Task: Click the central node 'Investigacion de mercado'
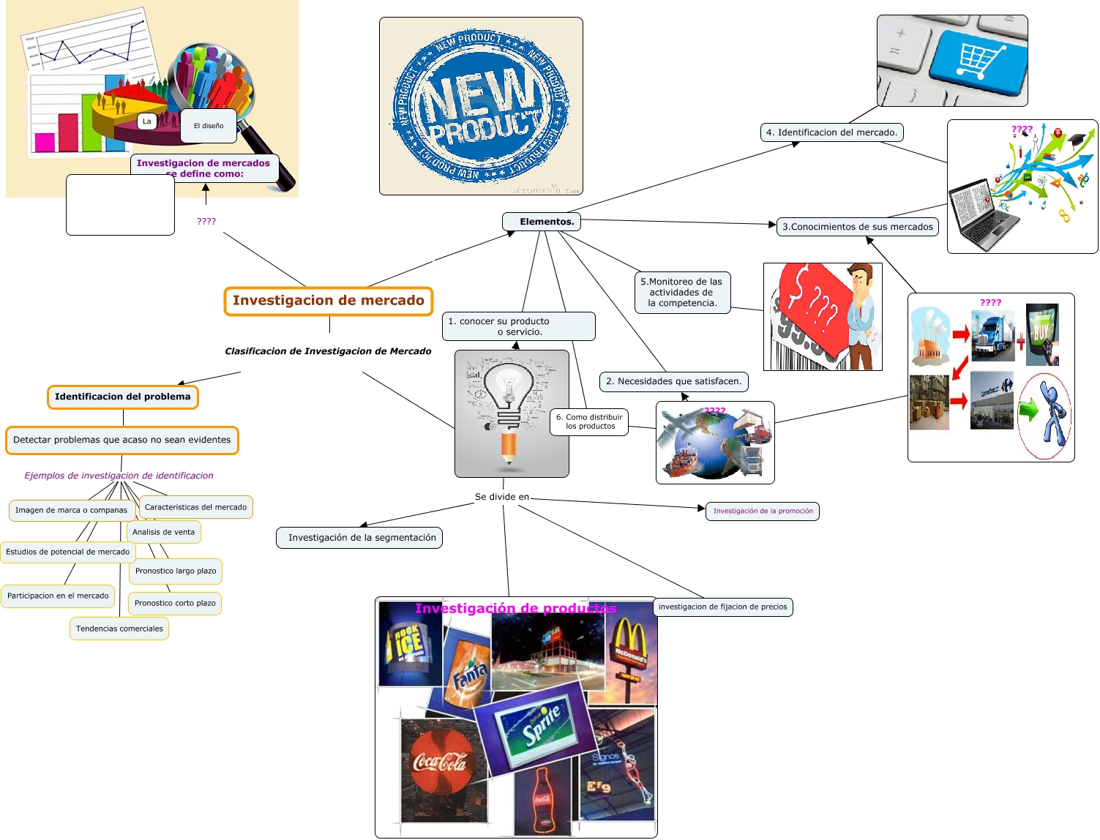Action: (x=329, y=301)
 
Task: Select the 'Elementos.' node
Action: (x=542, y=222)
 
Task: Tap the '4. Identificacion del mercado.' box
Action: (x=831, y=132)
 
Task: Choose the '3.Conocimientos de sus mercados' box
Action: (x=857, y=227)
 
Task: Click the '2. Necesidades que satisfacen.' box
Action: (x=673, y=381)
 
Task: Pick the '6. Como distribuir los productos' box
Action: (x=589, y=421)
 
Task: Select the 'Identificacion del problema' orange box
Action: (x=123, y=397)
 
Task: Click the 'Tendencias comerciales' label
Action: (x=119, y=629)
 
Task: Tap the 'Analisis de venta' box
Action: (x=164, y=532)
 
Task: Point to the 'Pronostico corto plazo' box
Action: (x=175, y=603)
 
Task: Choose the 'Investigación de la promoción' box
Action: (x=763, y=511)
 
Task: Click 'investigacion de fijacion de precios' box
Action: (x=722, y=607)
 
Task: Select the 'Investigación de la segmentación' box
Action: (x=362, y=538)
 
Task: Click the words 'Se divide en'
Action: (x=502, y=497)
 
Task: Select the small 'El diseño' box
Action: (x=209, y=126)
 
